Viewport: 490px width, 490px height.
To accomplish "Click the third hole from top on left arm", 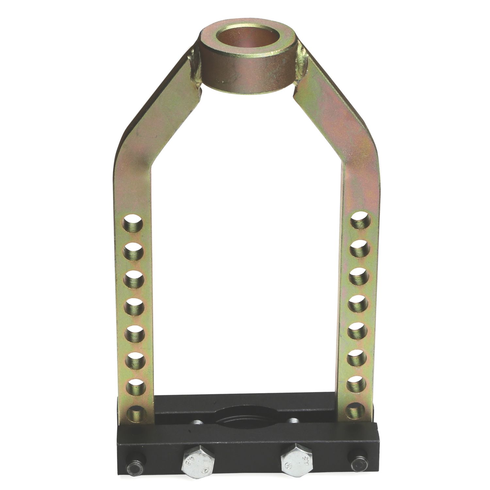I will tap(135, 279).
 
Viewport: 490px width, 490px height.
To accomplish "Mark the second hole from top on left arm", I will tap(135, 252).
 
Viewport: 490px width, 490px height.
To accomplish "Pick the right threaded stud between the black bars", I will tap(293, 420).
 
